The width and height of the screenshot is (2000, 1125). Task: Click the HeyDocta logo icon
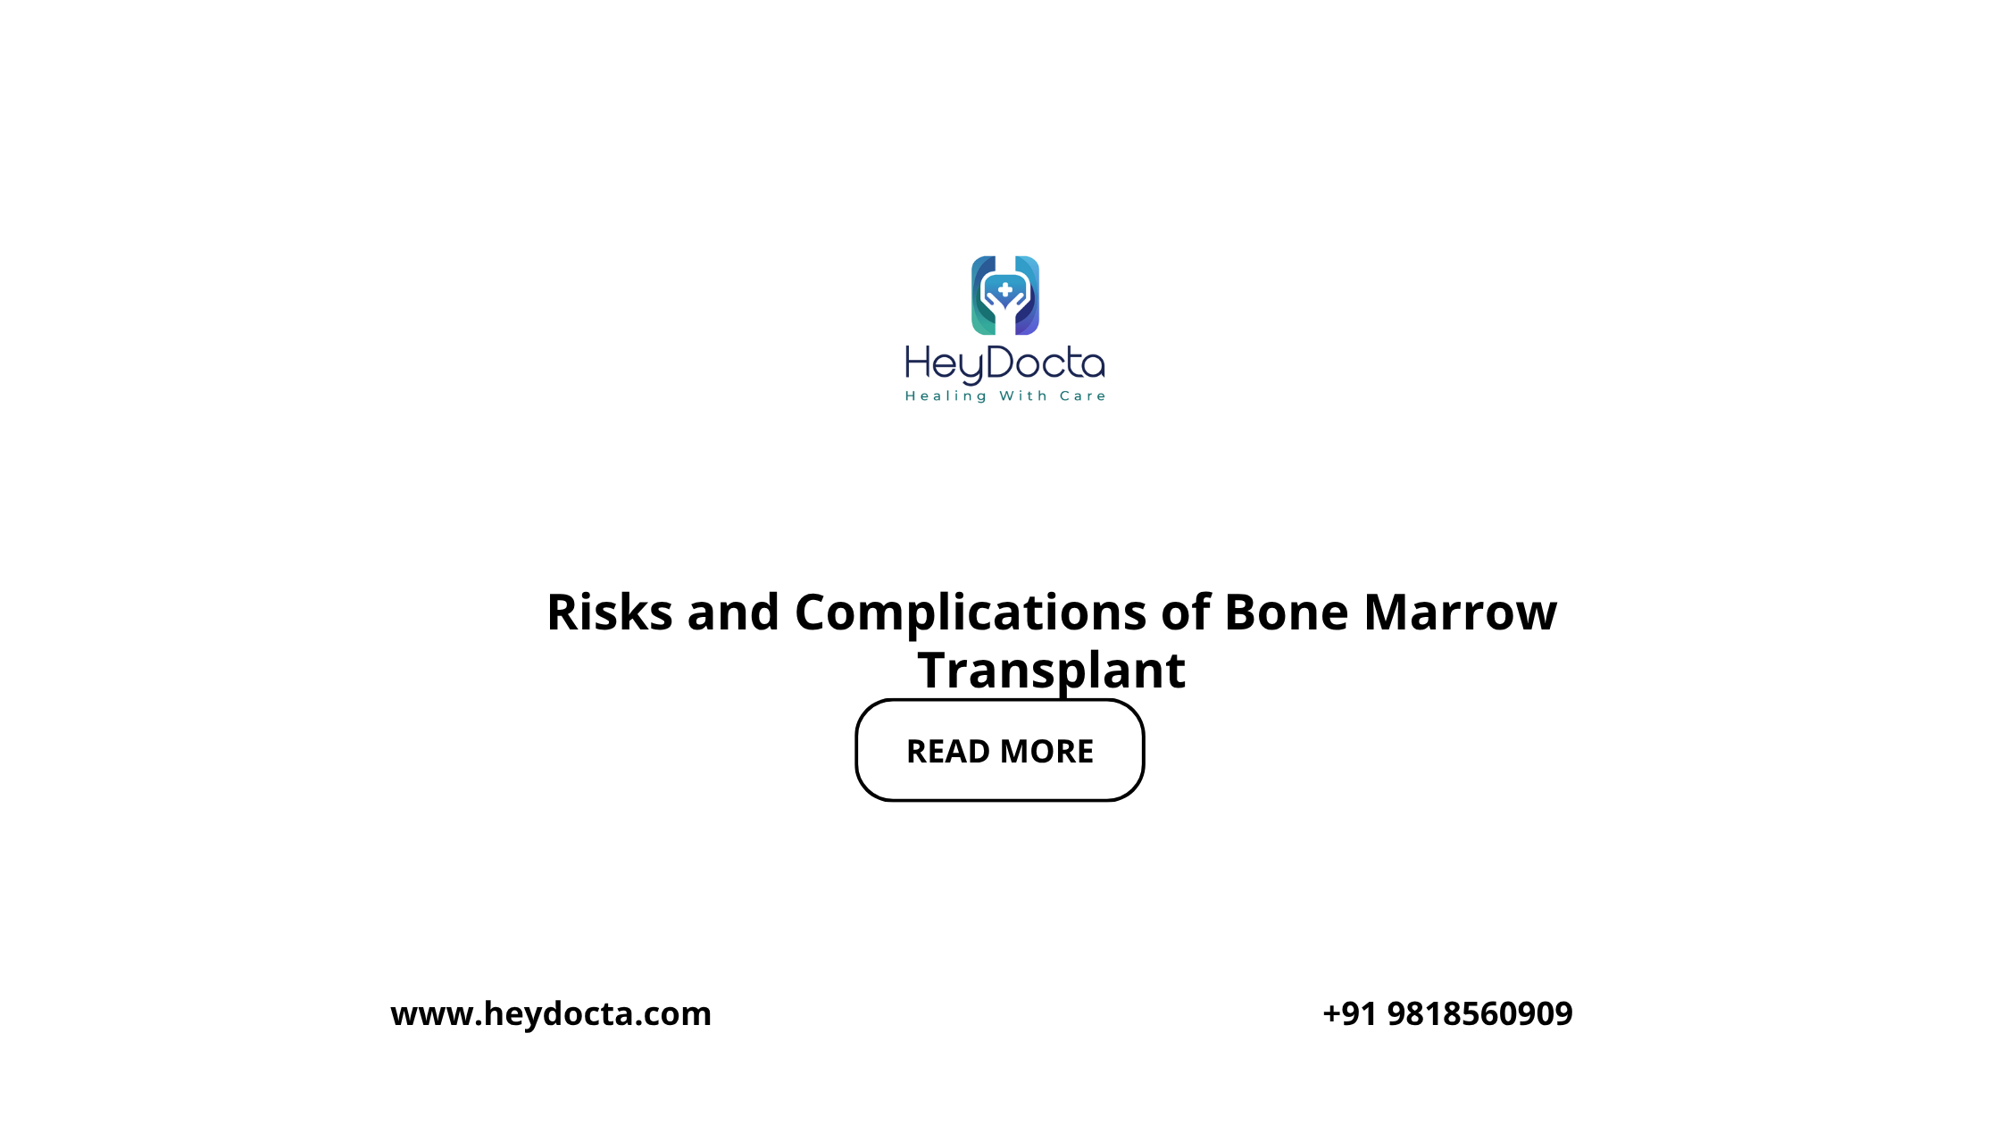click(x=1005, y=296)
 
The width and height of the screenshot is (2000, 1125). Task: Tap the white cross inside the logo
click(x=1005, y=289)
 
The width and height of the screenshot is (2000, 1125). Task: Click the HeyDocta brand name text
click(x=1005, y=364)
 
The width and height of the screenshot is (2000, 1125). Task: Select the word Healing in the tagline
click(x=946, y=396)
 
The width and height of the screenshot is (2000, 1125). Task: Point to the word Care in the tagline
click(x=1083, y=396)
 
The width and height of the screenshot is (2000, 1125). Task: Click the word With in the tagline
click(x=1023, y=396)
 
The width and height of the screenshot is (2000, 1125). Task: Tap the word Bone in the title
click(x=1287, y=612)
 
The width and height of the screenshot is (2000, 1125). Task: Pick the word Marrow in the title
click(x=1461, y=614)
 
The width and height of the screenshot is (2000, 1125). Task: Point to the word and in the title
click(x=733, y=612)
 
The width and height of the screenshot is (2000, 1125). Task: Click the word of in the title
click(x=1186, y=612)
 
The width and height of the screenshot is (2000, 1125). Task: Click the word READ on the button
click(x=947, y=752)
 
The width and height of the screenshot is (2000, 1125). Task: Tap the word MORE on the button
click(x=1047, y=752)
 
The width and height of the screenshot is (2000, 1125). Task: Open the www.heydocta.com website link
click(x=551, y=1014)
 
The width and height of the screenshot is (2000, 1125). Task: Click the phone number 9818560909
click(x=1480, y=1014)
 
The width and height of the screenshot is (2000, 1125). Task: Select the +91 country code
click(x=1349, y=1014)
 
